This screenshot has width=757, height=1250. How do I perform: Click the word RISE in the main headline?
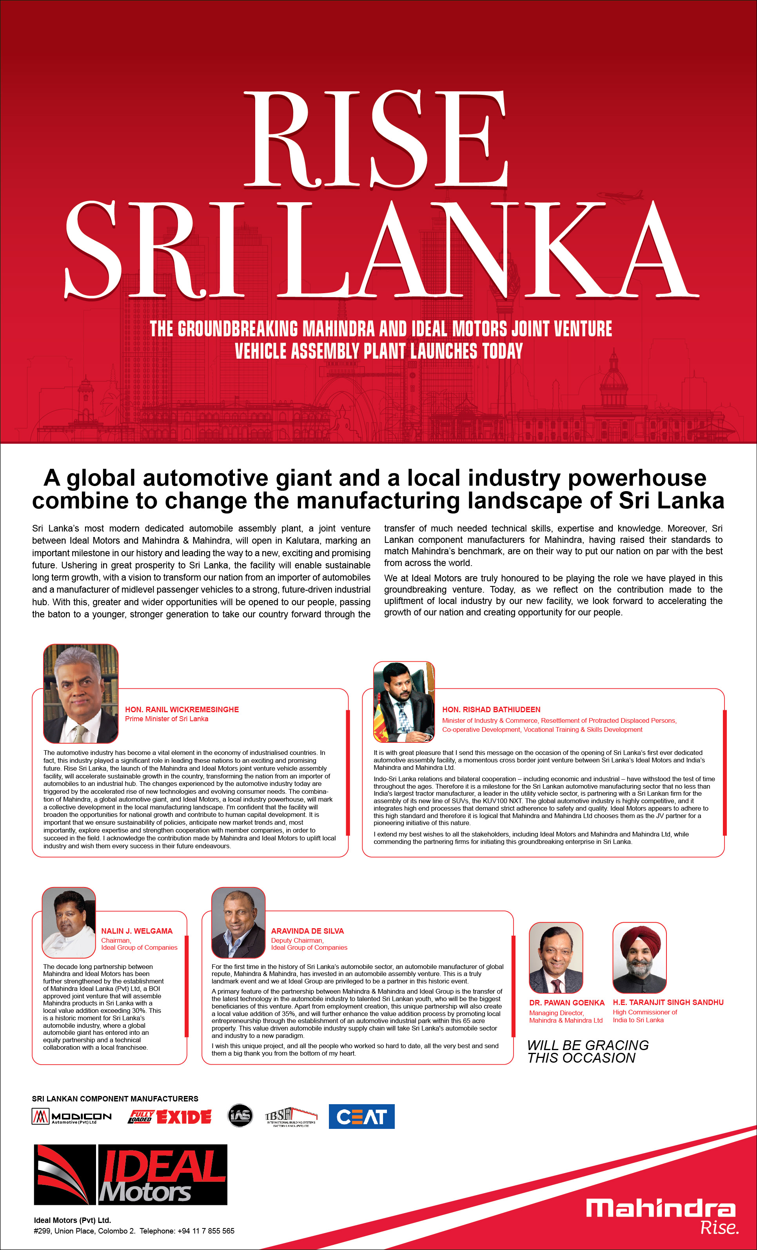coord(376,140)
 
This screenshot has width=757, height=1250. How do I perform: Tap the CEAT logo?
coord(361,1117)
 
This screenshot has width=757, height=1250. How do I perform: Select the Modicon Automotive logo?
coord(71,1117)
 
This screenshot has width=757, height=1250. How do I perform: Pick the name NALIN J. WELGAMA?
coord(136,931)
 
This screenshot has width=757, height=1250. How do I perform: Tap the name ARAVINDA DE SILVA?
coord(307,931)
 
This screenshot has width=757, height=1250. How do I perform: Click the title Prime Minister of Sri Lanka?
coord(167,719)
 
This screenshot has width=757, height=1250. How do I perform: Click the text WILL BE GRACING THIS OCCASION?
coord(588,1052)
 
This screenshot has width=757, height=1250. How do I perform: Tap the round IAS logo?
coord(240,1116)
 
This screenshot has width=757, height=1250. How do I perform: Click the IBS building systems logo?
coord(291,1116)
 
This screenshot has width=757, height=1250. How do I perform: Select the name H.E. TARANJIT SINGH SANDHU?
coord(668,1002)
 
